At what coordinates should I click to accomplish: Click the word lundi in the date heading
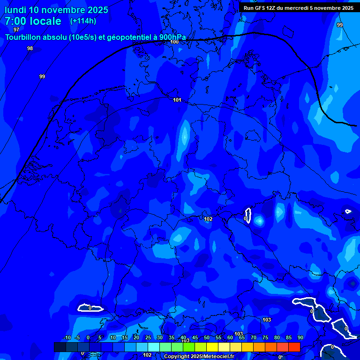point(15,10)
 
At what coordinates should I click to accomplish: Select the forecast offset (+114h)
point(83,21)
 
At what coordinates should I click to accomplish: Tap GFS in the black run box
point(259,8)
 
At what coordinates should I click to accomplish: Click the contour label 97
point(16,30)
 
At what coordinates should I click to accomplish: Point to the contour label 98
point(30,48)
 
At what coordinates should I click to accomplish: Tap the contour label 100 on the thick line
point(174,42)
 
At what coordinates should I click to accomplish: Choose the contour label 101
point(177,100)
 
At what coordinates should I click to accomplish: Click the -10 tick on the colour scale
point(67,338)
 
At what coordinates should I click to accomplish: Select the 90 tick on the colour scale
point(300,338)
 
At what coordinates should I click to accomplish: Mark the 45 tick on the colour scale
point(195,338)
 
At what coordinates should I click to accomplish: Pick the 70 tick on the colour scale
point(254,338)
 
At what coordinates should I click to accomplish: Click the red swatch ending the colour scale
point(294,347)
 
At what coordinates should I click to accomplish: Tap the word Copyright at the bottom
point(176,357)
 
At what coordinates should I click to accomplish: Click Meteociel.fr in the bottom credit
point(219,357)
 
